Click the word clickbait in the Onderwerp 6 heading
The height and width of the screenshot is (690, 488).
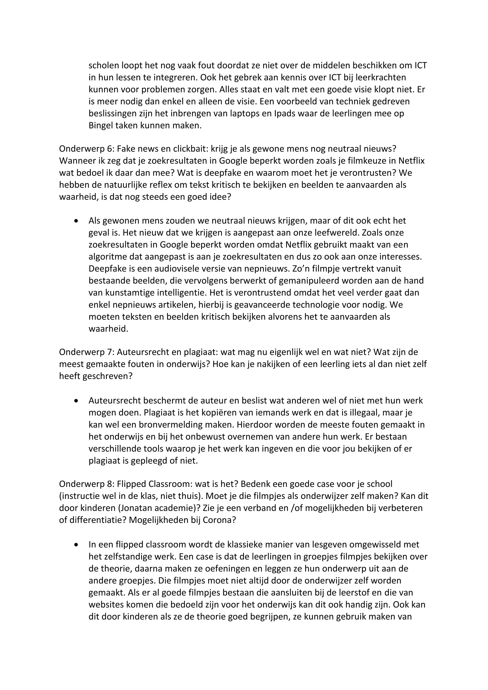(x=189, y=149)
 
